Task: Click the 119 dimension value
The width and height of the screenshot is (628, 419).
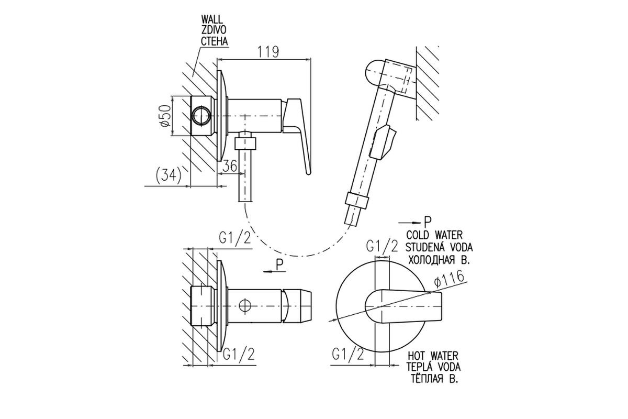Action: coord(268,52)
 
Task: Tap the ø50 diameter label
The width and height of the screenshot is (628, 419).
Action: coord(165,116)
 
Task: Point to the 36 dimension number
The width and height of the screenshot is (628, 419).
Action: coord(230,166)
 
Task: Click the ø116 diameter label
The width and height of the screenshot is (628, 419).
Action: coord(449,279)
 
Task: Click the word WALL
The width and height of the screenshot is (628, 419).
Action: coord(211,19)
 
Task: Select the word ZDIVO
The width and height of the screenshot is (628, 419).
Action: coord(214,30)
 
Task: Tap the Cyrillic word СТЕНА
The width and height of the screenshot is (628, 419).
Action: coord(214,41)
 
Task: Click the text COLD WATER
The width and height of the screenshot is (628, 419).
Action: coord(434,234)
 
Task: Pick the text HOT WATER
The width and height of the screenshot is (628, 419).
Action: coord(433,356)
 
